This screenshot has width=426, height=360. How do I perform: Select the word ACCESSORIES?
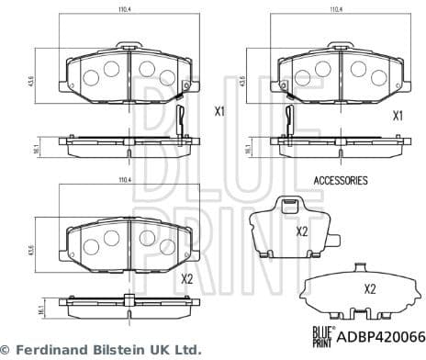click(x=341, y=181)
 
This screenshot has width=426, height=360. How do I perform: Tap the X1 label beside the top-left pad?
click(x=219, y=113)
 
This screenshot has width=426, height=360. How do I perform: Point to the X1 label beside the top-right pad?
click(x=398, y=116)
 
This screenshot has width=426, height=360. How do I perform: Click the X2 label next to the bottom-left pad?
click(x=187, y=279)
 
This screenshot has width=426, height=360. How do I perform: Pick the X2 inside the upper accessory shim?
click(x=301, y=231)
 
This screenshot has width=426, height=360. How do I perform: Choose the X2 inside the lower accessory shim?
click(x=370, y=288)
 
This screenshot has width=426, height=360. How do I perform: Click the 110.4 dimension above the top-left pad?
click(x=125, y=10)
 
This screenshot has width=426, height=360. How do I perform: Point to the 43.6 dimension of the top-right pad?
click(x=242, y=81)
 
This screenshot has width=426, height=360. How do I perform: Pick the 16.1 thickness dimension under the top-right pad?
click(x=242, y=146)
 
